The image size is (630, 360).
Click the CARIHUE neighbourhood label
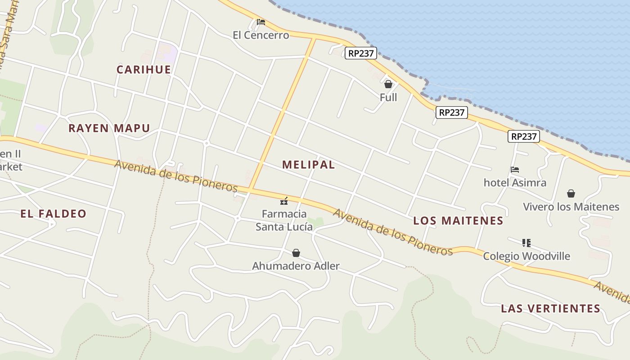144,70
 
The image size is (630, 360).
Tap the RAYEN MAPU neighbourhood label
109,128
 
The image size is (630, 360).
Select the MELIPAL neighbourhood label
309,165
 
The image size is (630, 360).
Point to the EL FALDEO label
53,214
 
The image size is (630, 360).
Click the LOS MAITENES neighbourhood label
458,221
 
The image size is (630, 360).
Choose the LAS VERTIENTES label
550,309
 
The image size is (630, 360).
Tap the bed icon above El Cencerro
261,22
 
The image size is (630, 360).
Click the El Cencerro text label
261,35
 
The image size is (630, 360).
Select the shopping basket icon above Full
388,84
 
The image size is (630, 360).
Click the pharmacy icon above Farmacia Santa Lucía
284,201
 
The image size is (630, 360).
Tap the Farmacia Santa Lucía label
284,220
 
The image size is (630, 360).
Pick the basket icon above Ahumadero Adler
296,253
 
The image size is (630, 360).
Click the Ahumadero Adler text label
296,266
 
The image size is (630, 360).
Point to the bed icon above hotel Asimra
515,170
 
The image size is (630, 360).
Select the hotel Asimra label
515,183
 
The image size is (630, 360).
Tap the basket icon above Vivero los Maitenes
571,193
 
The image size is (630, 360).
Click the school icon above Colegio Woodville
526,243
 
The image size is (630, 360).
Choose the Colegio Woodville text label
526,256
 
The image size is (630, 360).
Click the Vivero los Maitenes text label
571,207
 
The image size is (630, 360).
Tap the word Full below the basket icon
388,97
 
